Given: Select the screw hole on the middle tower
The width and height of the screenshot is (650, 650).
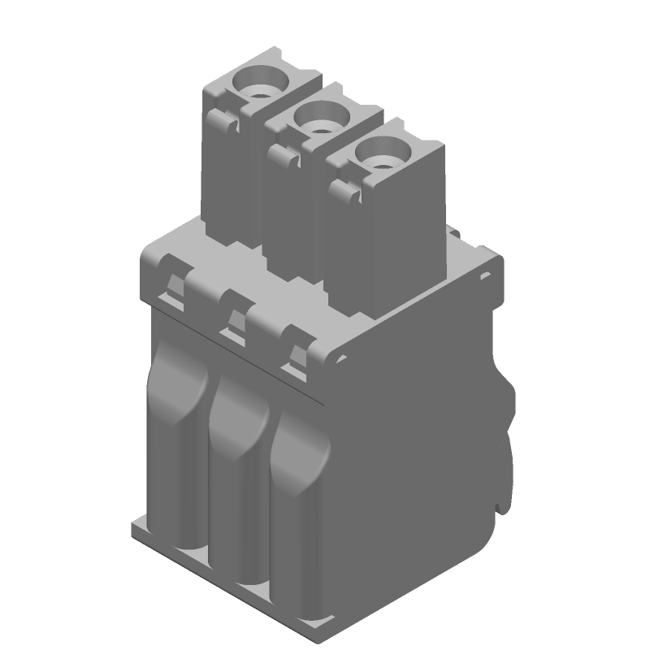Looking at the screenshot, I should [x=319, y=119].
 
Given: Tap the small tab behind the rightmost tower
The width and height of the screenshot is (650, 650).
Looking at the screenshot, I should [x=455, y=235].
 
